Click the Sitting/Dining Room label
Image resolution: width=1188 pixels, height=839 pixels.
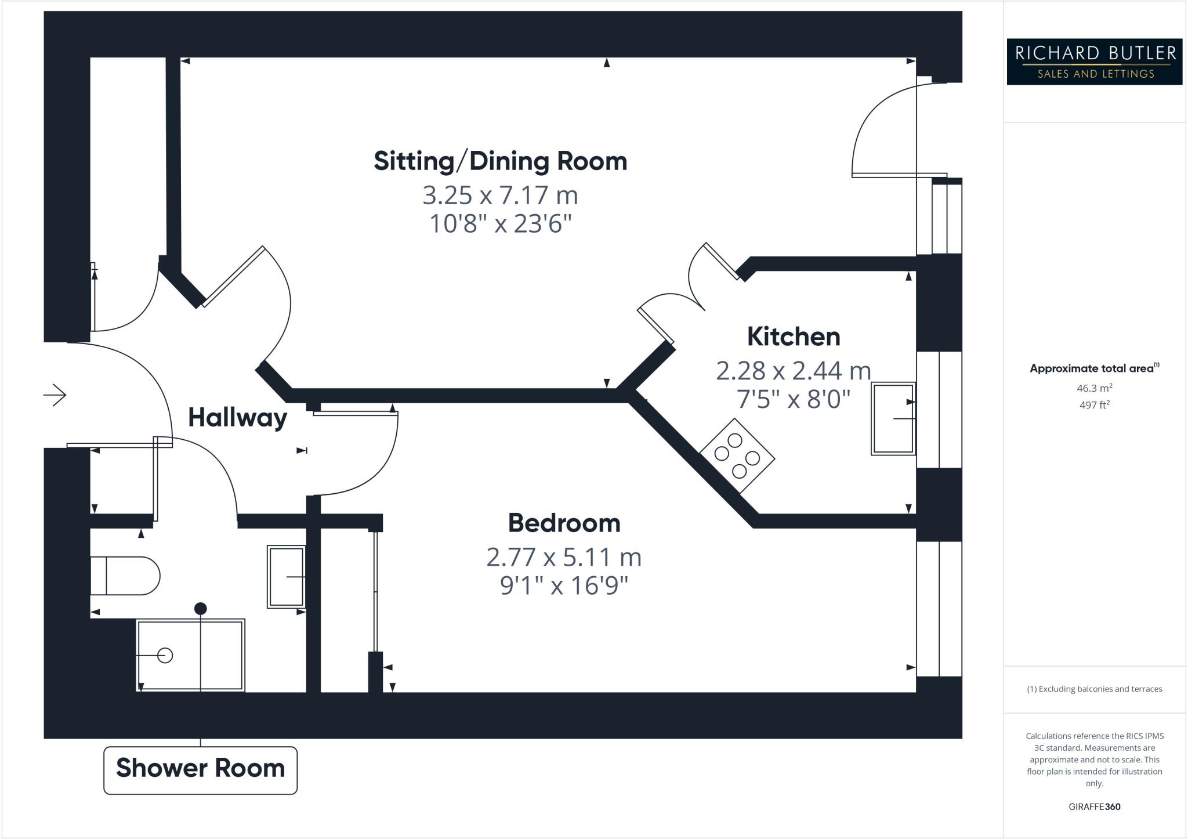tap(500, 161)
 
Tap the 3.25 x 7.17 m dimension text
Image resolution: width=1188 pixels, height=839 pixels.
tap(500, 196)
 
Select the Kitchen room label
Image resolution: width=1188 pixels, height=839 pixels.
tap(793, 337)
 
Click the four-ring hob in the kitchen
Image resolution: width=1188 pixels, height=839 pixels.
tap(737, 456)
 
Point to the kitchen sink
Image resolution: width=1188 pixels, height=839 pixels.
tap(893, 418)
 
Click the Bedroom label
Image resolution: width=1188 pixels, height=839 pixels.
tap(564, 523)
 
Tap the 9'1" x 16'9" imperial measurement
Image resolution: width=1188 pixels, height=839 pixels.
tap(564, 586)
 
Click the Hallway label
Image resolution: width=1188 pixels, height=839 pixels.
tap(237, 418)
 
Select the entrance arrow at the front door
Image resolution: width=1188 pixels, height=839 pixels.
tap(55, 395)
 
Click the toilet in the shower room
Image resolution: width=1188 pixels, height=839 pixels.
tap(125, 576)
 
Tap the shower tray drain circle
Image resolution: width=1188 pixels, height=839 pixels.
tap(165, 656)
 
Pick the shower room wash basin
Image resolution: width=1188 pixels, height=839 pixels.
tap(286, 577)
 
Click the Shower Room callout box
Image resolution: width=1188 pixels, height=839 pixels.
tap(200, 769)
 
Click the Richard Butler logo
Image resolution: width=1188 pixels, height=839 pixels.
tap(1094, 62)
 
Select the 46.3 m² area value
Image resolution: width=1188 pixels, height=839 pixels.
tap(1094, 388)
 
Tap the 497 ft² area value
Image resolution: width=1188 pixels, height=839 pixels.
tap(1094, 405)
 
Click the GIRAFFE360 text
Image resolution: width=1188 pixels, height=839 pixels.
tap(1094, 807)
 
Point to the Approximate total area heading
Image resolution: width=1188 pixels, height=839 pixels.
tap(1092, 368)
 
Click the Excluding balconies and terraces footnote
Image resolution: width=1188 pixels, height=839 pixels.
tap(1094, 689)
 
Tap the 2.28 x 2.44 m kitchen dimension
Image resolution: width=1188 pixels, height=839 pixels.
tap(793, 371)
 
